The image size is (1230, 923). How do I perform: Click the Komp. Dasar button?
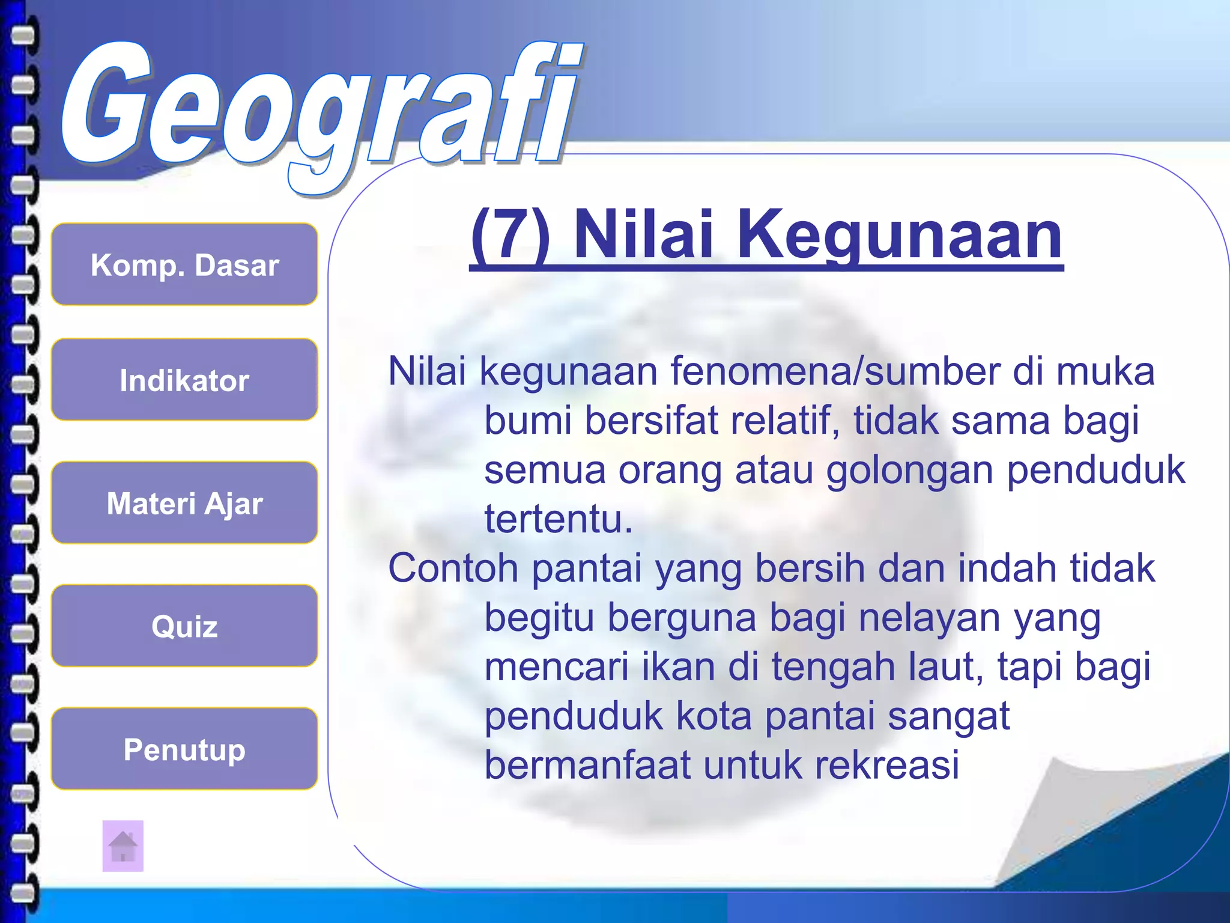click(184, 264)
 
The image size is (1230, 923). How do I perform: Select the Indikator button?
click(184, 380)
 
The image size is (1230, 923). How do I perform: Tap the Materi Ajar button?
click(184, 503)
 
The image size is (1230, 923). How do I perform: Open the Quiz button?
click(184, 626)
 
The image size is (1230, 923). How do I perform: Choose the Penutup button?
click(184, 749)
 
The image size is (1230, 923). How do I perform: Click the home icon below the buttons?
click(123, 846)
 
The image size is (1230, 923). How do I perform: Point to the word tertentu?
click(558, 519)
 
